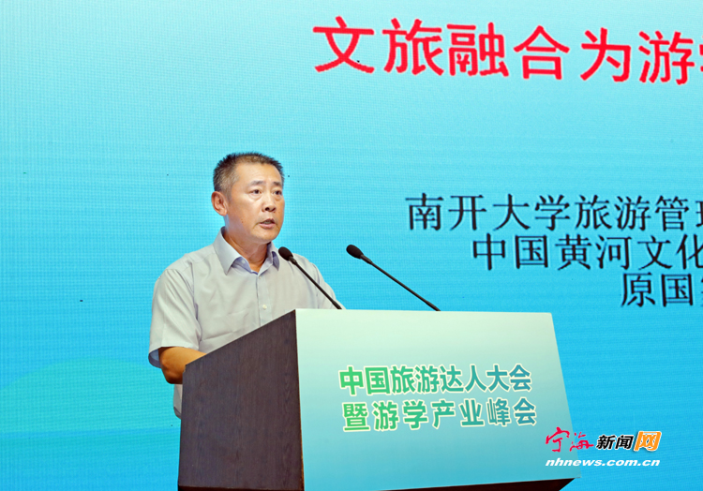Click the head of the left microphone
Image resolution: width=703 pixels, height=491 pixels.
[x=286, y=253]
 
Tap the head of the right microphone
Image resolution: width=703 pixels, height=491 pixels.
[x=354, y=251]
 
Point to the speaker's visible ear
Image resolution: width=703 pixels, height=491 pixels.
[x=219, y=203]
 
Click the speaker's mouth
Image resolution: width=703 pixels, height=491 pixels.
[x=267, y=222]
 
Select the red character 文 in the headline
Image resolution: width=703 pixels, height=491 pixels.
[x=344, y=45]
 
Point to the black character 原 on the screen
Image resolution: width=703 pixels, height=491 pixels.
[x=638, y=290]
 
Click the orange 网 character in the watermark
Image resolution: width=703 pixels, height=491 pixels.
[x=648, y=440]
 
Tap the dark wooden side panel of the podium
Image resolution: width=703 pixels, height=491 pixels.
[x=241, y=403]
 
